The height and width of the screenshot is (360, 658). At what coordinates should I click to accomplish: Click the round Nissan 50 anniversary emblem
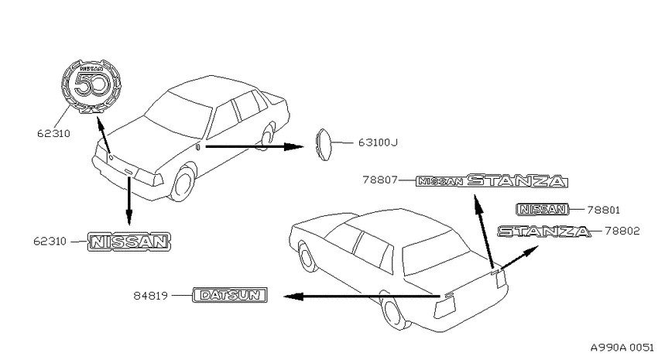tap(91, 86)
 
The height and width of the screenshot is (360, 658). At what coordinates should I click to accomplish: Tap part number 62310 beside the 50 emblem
tap(53, 134)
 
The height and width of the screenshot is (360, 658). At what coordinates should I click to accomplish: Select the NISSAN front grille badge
tap(129, 242)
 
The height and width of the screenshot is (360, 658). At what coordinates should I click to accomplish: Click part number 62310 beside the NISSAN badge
tap(50, 242)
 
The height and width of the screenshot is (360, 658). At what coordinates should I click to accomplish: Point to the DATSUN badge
tap(230, 295)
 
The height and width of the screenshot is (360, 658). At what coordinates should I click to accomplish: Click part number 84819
tap(151, 296)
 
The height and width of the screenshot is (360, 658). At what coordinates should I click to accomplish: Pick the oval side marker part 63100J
tap(322, 144)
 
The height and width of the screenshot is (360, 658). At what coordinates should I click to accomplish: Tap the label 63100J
tap(378, 142)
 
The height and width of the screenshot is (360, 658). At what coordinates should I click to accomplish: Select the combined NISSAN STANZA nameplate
tap(492, 181)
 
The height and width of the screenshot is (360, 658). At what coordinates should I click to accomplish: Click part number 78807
tap(380, 180)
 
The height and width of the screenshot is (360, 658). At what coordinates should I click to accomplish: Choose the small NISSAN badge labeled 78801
tap(542, 209)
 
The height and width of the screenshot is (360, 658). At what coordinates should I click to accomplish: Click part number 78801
tap(604, 210)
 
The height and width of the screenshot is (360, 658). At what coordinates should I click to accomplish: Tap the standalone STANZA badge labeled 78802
tap(544, 231)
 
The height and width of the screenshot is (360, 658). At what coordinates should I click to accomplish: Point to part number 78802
tap(622, 231)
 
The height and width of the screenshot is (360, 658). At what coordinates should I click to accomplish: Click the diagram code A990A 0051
tap(622, 348)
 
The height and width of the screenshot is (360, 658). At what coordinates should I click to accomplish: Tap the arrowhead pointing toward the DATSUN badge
tap(293, 297)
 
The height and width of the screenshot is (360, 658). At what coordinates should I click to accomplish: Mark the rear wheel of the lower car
tap(395, 310)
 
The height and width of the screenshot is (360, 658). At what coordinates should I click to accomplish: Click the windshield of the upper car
tap(178, 114)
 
